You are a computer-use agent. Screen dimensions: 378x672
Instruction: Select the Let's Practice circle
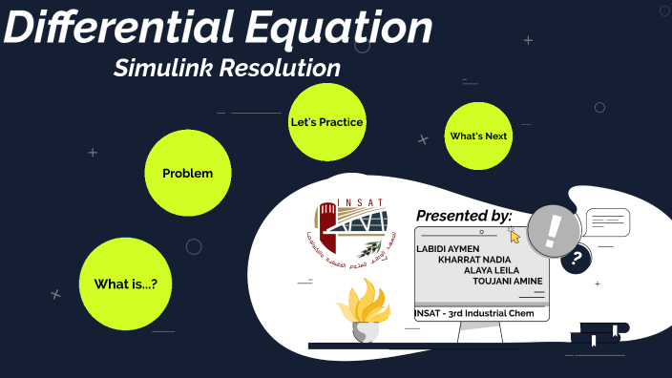pyautogui.click(x=326, y=122)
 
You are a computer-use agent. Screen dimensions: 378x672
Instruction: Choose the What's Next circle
pyautogui.click(x=478, y=136)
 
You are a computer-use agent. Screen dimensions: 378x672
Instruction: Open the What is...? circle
pyautogui.click(x=125, y=284)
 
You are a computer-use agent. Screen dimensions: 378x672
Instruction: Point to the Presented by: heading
pyautogui.click(x=464, y=216)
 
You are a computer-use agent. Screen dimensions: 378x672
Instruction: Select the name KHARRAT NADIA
pyautogui.click(x=473, y=260)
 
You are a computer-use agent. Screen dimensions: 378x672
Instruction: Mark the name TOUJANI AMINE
pyautogui.click(x=507, y=281)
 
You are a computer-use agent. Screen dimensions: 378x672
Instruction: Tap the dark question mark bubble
pyautogui.click(x=576, y=259)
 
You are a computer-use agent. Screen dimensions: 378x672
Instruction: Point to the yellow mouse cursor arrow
pyautogui.click(x=515, y=236)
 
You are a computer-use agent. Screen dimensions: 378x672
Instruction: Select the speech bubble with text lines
pyautogui.click(x=607, y=222)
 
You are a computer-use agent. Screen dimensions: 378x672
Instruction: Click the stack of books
pyautogui.click(x=595, y=334)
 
